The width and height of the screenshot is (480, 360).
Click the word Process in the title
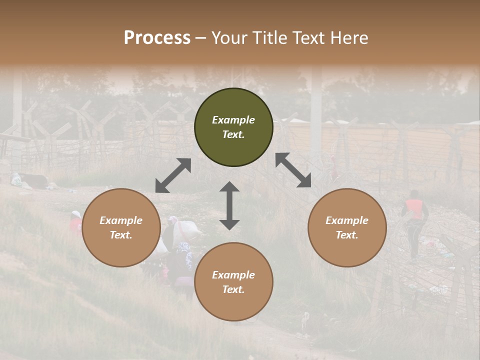click(157, 37)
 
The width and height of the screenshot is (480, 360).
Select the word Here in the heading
click(349, 37)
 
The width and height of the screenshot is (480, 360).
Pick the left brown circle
click(121, 227)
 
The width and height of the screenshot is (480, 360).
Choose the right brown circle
click(347, 227)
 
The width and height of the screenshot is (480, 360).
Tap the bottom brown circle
click(233, 281)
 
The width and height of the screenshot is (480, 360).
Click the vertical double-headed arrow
click(229, 205)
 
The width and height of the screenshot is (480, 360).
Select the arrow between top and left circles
click(173, 175)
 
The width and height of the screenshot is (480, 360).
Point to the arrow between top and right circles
click(293, 170)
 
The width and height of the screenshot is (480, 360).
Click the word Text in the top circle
click(233, 135)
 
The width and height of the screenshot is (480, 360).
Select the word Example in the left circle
click(121, 220)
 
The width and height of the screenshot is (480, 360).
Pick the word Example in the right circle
click(347, 220)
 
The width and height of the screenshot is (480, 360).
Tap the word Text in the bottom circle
click(233, 289)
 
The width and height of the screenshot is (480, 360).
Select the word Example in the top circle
click(233, 120)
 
